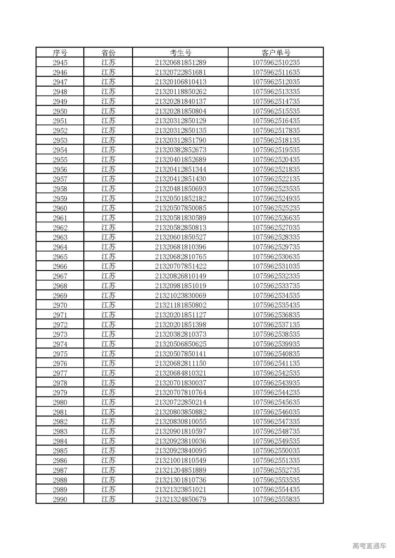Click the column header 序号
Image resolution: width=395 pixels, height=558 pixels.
pyautogui.click(x=60, y=53)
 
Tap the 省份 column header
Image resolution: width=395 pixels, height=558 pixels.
pyautogui.click(x=108, y=53)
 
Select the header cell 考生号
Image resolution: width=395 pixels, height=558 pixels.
pyautogui.click(x=181, y=53)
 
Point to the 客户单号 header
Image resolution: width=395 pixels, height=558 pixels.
pyautogui.click(x=276, y=53)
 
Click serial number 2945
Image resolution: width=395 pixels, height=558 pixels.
pyautogui.click(x=60, y=63)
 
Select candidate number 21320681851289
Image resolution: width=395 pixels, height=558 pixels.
pyautogui.click(x=181, y=63)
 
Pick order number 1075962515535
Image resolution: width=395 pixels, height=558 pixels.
pyautogui.click(x=276, y=111)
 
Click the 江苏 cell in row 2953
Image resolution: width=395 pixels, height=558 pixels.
pyautogui.click(x=108, y=140)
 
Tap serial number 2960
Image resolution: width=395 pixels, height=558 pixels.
pyautogui.click(x=60, y=208)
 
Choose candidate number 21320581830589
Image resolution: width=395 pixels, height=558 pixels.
pyautogui.click(x=181, y=218)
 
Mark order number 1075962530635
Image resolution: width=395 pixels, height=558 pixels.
pyautogui.click(x=276, y=256)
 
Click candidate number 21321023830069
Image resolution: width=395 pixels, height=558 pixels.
pyautogui.click(x=181, y=295)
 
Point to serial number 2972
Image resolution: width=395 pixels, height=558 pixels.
pyautogui.click(x=60, y=325)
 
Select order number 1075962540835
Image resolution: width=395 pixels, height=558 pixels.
pyautogui.click(x=276, y=354)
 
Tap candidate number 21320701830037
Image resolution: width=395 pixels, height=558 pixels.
pyautogui.click(x=181, y=383)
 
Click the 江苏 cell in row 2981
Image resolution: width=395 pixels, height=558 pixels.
pyautogui.click(x=108, y=412)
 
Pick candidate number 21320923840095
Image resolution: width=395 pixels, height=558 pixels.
pyautogui.click(x=181, y=451)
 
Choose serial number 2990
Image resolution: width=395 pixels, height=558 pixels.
pyautogui.click(x=60, y=499)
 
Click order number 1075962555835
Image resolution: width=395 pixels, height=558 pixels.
pyautogui.click(x=276, y=499)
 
